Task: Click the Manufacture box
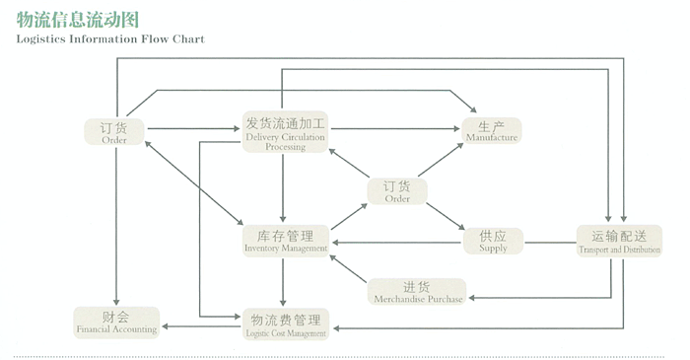tap(492, 131)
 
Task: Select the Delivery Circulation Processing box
tap(285, 131)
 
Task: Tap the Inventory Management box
tap(285, 242)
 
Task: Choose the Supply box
tap(493, 242)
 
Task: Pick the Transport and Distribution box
tap(619, 242)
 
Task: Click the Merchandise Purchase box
tap(418, 292)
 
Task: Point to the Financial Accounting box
tap(115, 322)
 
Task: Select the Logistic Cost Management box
tap(285, 325)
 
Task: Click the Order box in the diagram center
tap(397, 191)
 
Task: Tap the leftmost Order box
tap(114, 132)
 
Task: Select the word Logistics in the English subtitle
tap(43, 39)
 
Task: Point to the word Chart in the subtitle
tap(187, 39)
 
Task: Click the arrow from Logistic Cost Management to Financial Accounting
tap(202, 325)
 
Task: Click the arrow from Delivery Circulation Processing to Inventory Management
tap(284, 187)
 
